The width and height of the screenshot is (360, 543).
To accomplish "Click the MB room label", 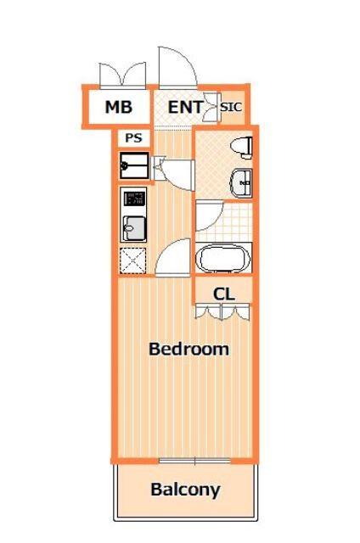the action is click(x=119, y=107).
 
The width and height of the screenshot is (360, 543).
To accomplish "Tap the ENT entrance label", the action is click(x=186, y=107).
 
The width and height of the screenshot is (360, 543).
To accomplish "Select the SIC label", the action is click(x=231, y=107).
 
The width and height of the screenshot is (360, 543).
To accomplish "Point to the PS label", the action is click(x=134, y=138).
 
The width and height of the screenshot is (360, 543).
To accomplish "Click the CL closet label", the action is click(x=223, y=294).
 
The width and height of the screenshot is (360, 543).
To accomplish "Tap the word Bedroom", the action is click(x=188, y=349).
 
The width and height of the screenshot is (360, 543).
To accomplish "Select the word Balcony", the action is click(x=185, y=490).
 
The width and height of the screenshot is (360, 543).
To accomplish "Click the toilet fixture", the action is click(x=242, y=147).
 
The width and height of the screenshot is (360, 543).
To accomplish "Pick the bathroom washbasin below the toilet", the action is click(x=242, y=183).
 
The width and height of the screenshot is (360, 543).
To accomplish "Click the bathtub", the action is click(x=223, y=258).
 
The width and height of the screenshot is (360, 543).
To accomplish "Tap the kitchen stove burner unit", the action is click(x=133, y=199).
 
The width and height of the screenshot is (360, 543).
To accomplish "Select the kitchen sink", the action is click(x=133, y=228).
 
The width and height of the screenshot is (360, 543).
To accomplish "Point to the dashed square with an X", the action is click(x=132, y=261).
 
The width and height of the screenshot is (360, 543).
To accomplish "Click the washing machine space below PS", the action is click(x=134, y=166).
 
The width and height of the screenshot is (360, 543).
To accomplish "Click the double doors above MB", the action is click(x=122, y=75).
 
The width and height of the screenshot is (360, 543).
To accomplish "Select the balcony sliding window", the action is click(x=194, y=461).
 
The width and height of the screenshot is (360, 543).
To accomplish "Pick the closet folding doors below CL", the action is click(x=222, y=311).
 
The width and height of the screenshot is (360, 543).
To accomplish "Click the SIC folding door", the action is click(x=211, y=107).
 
